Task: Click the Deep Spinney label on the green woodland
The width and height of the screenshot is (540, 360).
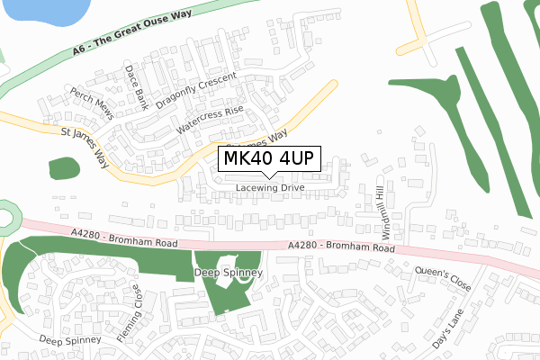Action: click(x=229, y=272)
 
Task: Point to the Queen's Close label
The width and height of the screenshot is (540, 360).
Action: click(x=443, y=278)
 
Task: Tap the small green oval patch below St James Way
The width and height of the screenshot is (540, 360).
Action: click(x=63, y=167)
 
